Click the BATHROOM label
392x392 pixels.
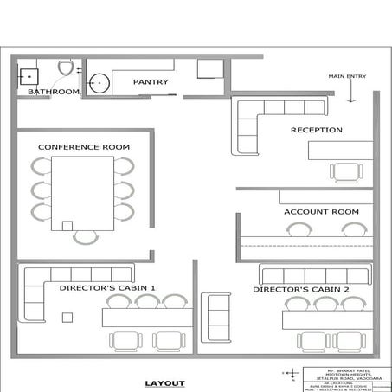[x=53, y=91]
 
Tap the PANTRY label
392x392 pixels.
[x=150, y=82]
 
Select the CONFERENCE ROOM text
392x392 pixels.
[x=83, y=147]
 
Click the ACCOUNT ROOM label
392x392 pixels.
[x=321, y=211]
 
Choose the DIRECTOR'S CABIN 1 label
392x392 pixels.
[x=107, y=286]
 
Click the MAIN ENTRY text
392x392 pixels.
[x=348, y=77]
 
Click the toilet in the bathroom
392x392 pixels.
[x=64, y=67]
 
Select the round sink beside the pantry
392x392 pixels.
[x=100, y=82]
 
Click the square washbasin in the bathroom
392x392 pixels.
[x=29, y=73]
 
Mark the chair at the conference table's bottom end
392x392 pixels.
[x=84, y=236]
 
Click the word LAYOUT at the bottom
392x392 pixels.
[x=165, y=382]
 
